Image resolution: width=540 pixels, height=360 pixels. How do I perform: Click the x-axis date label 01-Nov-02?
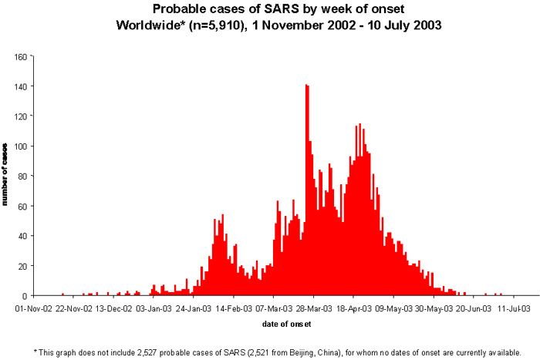click(x=34, y=308)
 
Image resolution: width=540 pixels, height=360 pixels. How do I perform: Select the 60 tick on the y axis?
click(x=23, y=206)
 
